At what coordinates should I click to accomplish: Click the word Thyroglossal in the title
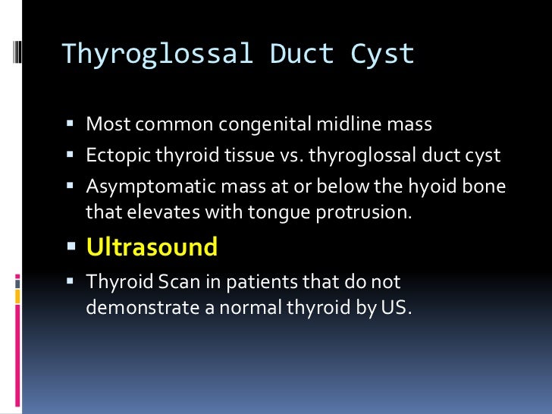(157, 54)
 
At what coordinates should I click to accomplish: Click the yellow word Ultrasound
(152, 246)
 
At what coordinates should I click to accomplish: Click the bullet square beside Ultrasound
(72, 247)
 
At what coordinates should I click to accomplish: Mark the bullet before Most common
(71, 124)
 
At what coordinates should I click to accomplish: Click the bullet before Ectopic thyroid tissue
(71, 156)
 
